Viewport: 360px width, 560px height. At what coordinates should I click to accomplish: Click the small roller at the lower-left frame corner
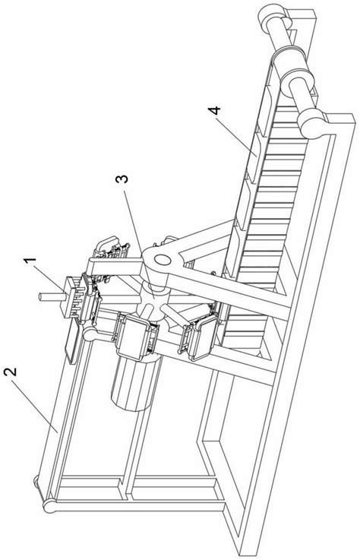point(36,479)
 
